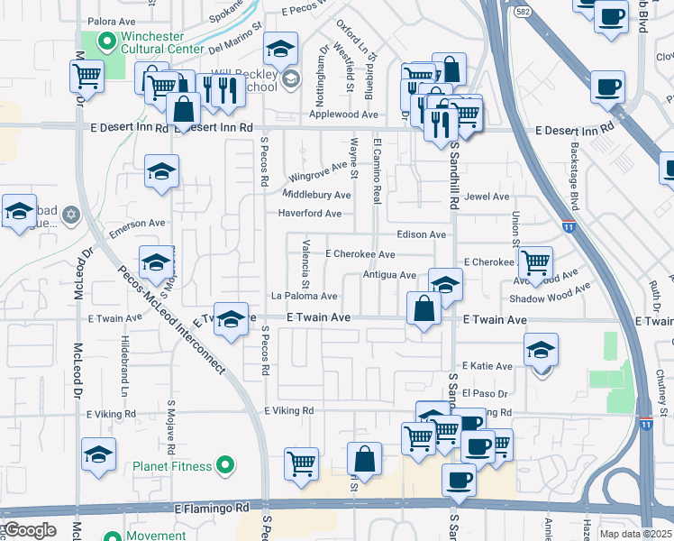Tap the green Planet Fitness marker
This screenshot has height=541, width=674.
click(x=225, y=466)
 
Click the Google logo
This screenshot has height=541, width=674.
click(x=31, y=530)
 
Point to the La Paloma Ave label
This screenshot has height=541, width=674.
click(x=305, y=296)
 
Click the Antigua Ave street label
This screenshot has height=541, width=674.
click(x=388, y=275)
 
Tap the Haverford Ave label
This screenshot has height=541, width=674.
click(x=310, y=214)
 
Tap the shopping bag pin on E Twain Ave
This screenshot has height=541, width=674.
click(x=424, y=308)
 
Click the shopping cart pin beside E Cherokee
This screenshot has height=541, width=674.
click(x=536, y=262)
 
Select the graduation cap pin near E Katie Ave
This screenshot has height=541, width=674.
click(x=541, y=349)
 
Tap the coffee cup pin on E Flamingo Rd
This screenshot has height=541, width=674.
click(x=459, y=480)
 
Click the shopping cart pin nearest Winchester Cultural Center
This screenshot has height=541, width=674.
click(x=87, y=76)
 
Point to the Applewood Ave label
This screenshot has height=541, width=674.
click(x=343, y=115)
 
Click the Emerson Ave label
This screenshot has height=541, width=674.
click(x=138, y=224)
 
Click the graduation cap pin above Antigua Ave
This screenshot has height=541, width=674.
click(x=444, y=284)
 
